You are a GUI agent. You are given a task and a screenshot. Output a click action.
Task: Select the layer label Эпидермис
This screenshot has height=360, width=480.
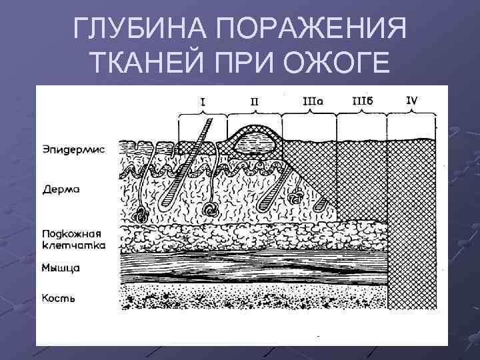[x=74, y=149]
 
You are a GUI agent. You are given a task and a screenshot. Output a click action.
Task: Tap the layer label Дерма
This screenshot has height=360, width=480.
[x=61, y=190]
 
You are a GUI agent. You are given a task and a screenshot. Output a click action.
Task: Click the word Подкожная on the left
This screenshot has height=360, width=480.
[x=71, y=234]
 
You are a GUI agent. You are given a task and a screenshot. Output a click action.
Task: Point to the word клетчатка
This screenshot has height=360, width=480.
[x=73, y=245]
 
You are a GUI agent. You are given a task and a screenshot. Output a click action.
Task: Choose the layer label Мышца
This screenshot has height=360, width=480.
[x=61, y=268]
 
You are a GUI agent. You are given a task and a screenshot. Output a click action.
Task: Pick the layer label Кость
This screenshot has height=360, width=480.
[x=59, y=298]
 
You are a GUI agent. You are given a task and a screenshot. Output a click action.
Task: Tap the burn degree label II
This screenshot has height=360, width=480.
[x=254, y=101]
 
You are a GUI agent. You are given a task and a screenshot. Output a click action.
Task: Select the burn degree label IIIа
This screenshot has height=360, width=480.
[x=313, y=101]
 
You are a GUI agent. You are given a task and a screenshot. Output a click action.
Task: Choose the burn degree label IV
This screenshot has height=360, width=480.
[x=413, y=101]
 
